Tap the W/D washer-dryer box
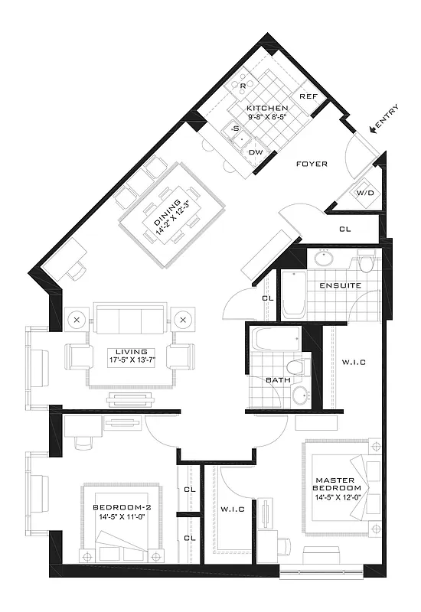364,194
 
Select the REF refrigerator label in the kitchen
308,97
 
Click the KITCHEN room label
267,109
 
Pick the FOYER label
312,164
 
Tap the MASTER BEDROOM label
337,484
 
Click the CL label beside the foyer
345,229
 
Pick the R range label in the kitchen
243,86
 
